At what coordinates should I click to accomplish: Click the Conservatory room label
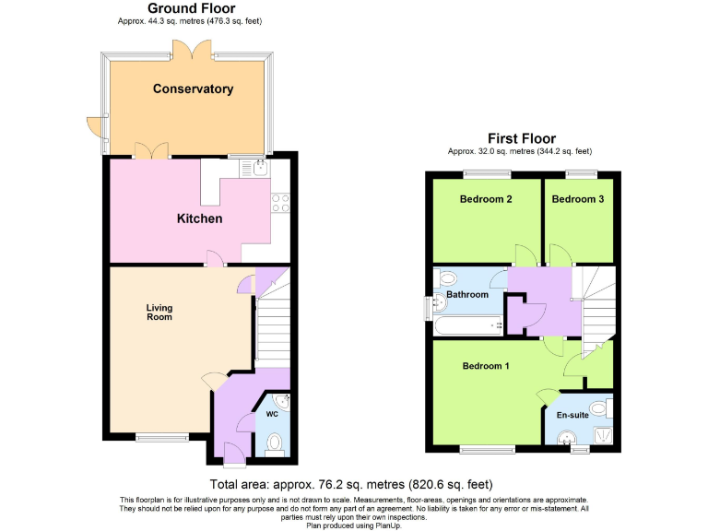(x=193, y=89)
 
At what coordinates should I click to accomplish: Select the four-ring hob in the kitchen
(x=281, y=203)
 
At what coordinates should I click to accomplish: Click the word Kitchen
(x=199, y=218)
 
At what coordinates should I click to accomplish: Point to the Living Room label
(x=159, y=313)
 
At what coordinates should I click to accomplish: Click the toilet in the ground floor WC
(x=274, y=444)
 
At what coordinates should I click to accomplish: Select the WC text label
(x=272, y=415)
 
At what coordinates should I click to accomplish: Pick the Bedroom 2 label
(x=486, y=199)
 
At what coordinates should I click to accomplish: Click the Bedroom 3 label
(x=577, y=199)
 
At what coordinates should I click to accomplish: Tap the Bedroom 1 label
(x=486, y=366)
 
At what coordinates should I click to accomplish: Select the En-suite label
(x=572, y=416)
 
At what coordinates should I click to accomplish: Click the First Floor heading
(x=521, y=139)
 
